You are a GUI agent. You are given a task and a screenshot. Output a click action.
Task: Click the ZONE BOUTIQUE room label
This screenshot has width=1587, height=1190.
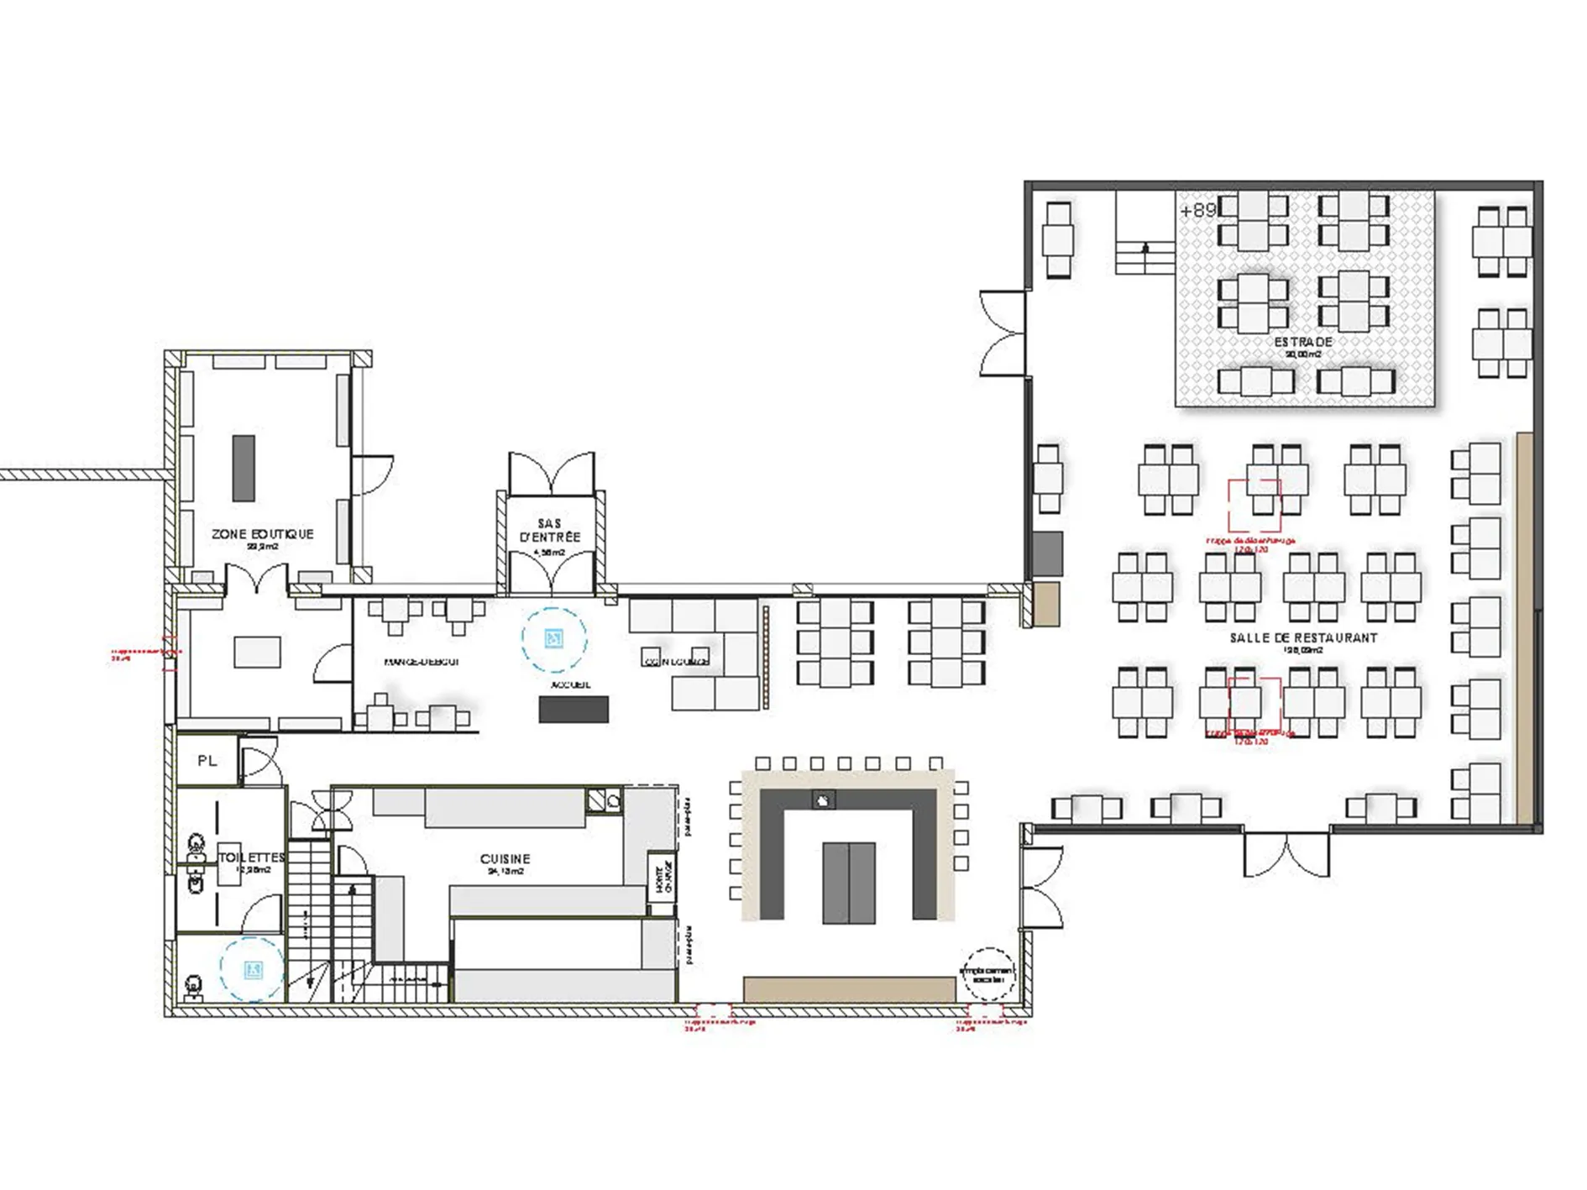point(262,534)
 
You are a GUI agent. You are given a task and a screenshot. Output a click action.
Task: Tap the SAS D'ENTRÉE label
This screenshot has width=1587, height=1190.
point(550,531)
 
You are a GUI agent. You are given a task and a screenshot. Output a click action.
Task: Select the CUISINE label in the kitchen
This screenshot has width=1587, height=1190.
point(505,859)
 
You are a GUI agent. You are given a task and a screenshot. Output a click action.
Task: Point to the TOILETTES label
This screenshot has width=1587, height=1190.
point(252,857)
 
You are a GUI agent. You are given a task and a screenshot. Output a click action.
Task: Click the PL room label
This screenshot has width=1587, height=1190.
point(207,761)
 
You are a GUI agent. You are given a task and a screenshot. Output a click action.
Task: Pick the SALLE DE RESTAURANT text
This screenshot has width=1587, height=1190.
point(1303,638)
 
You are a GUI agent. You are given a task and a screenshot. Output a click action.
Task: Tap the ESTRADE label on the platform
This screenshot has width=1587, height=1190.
point(1303,343)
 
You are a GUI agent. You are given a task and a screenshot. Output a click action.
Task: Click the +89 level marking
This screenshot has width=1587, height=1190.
point(1197,211)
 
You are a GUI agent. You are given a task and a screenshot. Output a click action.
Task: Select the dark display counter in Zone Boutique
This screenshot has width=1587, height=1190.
point(244,468)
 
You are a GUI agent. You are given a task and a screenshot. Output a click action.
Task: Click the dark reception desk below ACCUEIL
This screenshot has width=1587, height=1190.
point(574,710)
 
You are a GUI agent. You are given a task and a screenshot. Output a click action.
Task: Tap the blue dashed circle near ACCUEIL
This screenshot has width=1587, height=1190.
point(553,640)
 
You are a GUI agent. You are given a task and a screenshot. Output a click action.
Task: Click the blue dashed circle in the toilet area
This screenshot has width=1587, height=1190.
point(253,970)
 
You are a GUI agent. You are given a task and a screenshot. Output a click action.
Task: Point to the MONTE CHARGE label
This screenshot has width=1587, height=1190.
point(663,878)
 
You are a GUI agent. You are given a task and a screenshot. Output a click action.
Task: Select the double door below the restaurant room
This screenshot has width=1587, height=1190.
point(1286,854)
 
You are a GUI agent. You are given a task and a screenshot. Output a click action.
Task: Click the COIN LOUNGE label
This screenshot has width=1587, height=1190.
point(677,662)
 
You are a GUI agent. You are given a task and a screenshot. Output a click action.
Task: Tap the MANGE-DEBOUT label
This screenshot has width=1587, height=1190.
point(422,662)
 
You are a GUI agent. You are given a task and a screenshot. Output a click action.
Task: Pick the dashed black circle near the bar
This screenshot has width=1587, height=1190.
point(987,974)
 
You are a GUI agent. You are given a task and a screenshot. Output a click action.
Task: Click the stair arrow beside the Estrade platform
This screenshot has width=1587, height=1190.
point(1144,249)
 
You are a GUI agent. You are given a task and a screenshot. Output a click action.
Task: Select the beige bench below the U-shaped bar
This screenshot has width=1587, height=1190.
point(849,989)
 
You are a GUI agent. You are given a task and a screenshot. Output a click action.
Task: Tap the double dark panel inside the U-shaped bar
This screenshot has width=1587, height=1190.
point(848,882)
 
